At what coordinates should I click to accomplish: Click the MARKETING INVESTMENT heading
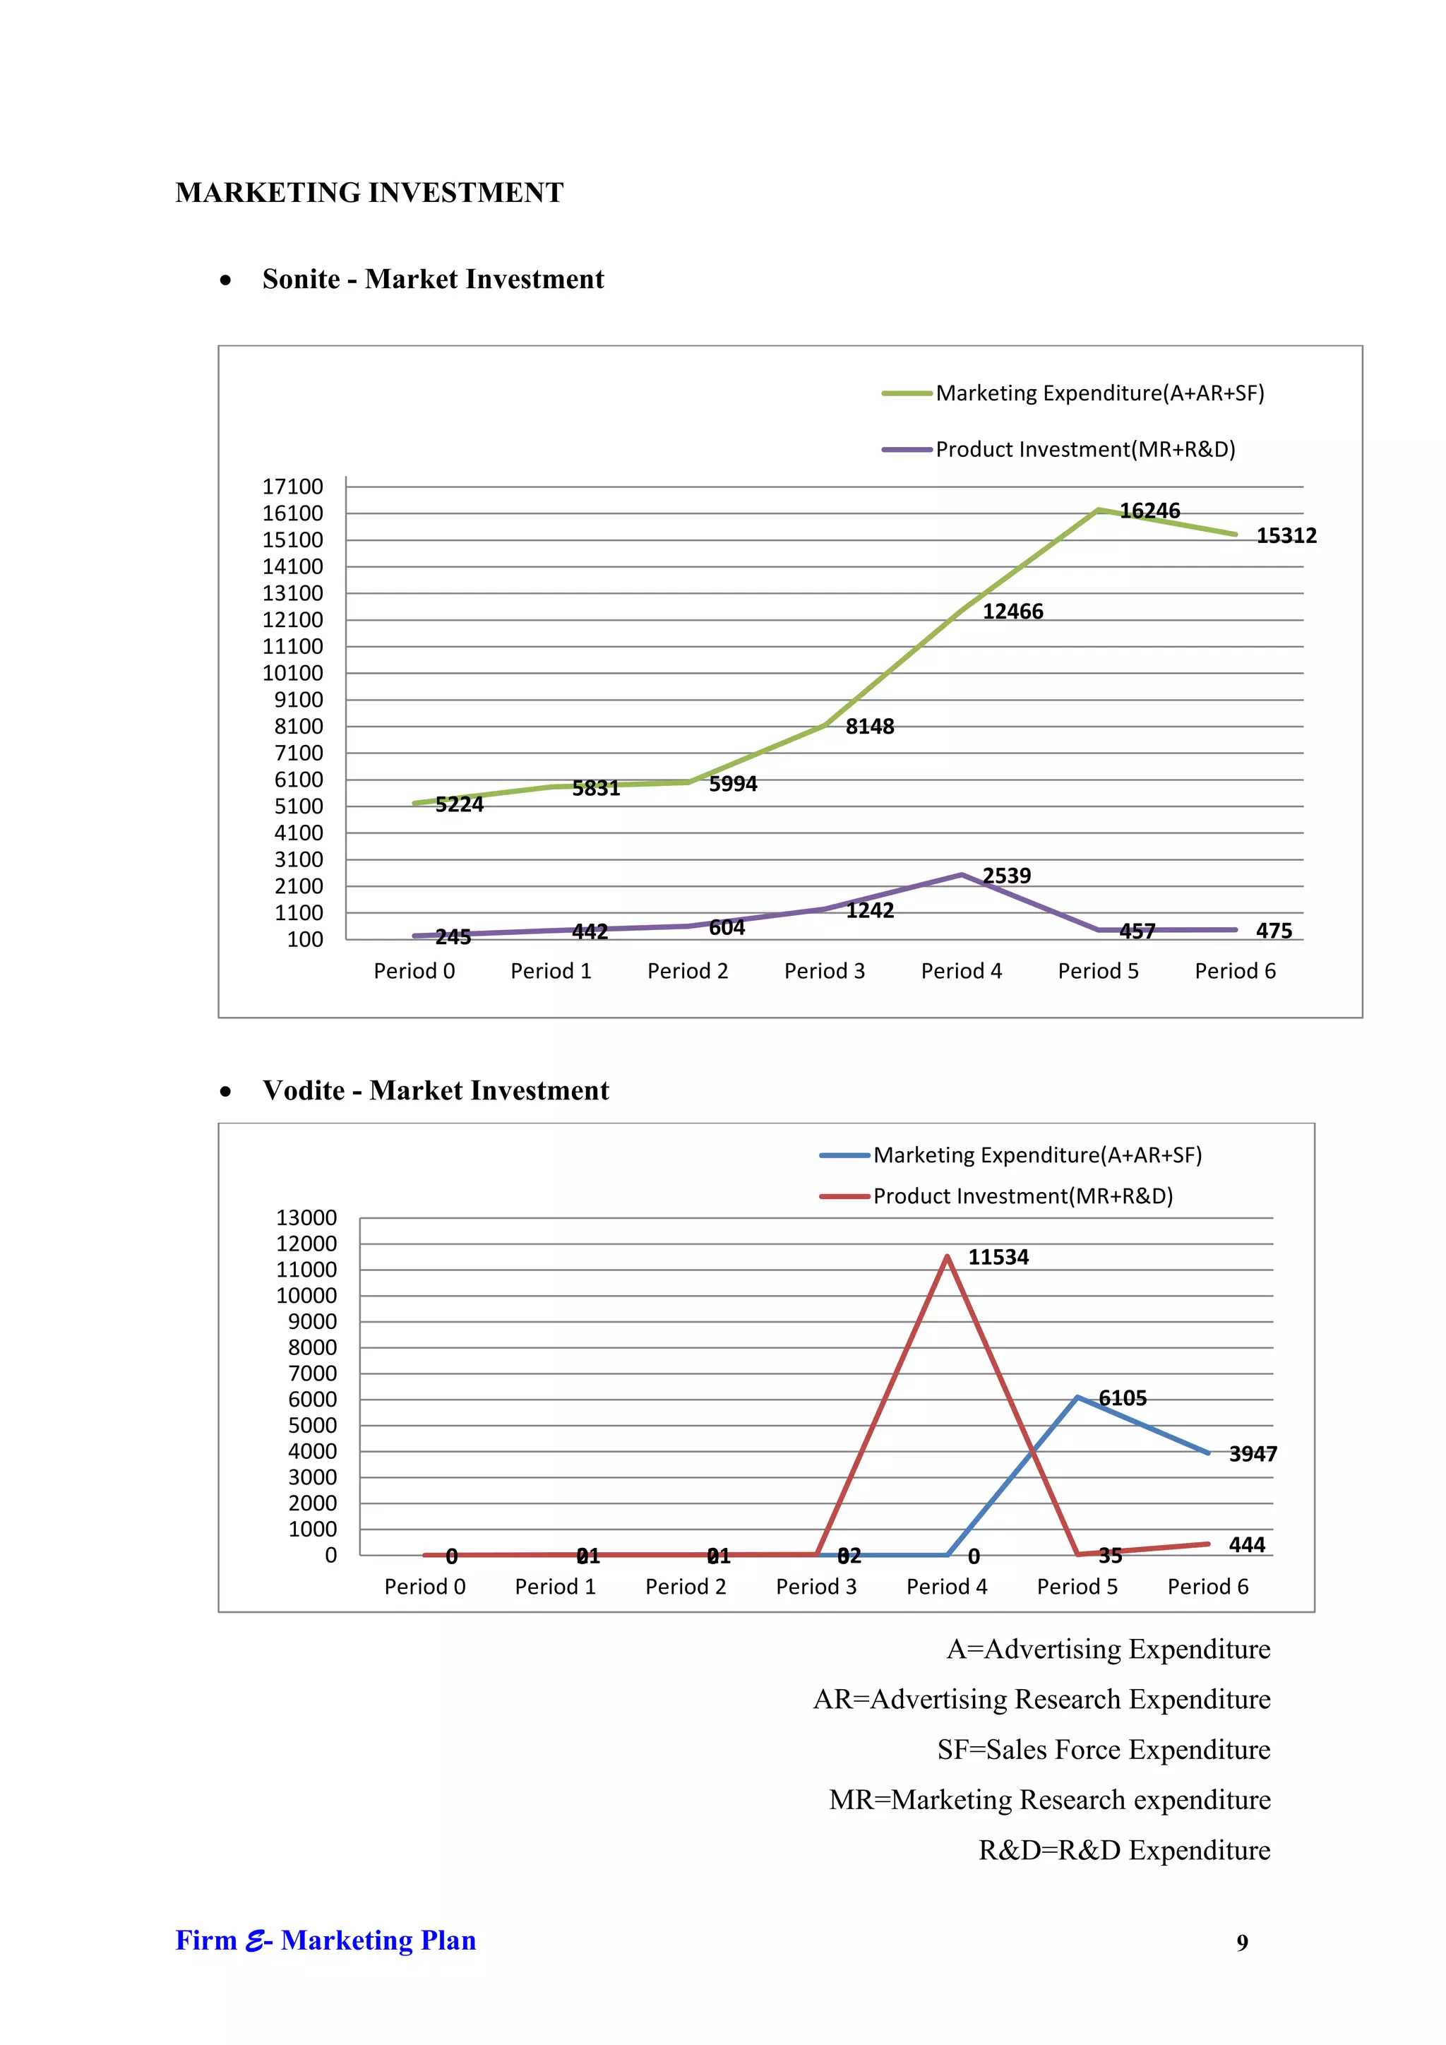(369, 192)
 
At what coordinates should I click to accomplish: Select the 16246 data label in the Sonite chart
(1149, 511)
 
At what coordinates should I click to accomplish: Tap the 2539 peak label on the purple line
(1006, 876)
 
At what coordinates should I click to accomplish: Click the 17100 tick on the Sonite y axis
(293, 487)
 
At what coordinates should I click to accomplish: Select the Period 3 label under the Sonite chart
(825, 972)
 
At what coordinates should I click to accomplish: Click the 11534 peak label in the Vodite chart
(998, 1258)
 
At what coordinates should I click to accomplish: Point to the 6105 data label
(1122, 1398)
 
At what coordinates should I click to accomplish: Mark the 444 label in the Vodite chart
(1247, 1545)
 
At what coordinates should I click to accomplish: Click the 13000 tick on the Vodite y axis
(306, 1218)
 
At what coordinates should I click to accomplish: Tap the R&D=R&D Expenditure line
(1123, 1851)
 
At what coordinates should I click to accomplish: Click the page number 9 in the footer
(1242, 1943)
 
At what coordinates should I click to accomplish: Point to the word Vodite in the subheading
(304, 1091)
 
